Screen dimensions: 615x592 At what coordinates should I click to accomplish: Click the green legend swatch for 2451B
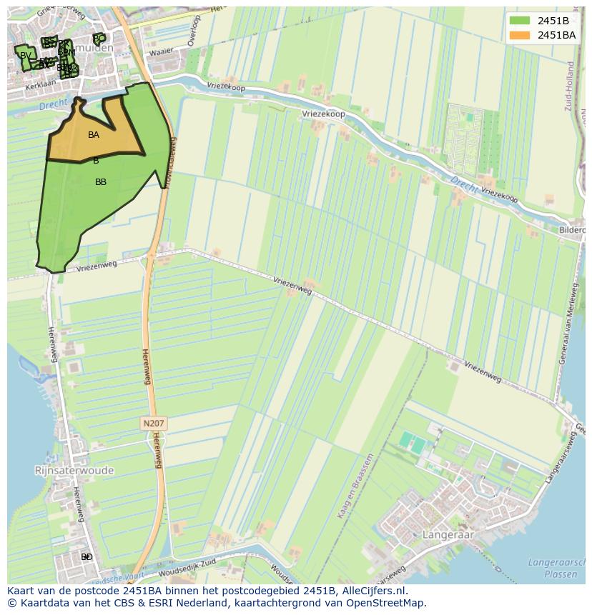521,20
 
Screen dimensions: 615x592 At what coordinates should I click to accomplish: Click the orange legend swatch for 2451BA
521,34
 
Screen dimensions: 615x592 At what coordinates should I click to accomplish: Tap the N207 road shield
154,424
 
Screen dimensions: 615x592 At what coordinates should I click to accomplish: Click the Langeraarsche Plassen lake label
556,568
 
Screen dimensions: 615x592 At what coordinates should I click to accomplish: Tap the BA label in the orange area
94,135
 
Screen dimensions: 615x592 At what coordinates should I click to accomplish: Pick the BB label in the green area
101,182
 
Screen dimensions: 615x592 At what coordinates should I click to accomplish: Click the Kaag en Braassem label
355,486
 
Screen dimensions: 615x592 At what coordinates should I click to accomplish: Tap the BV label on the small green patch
26,56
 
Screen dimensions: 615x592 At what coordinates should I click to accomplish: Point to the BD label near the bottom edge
87,556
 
